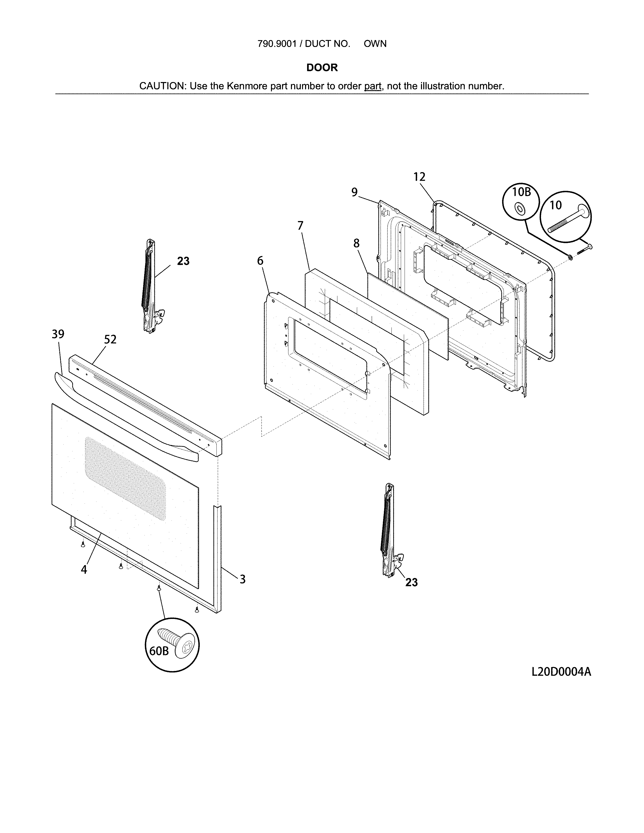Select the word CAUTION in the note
point(162,86)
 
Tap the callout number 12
point(419,177)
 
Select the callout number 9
point(354,192)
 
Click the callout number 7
point(300,226)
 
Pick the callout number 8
point(356,243)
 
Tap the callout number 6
point(260,261)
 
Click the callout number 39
point(58,334)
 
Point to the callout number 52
point(110,340)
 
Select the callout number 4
point(84,569)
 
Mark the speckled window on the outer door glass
point(125,479)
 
